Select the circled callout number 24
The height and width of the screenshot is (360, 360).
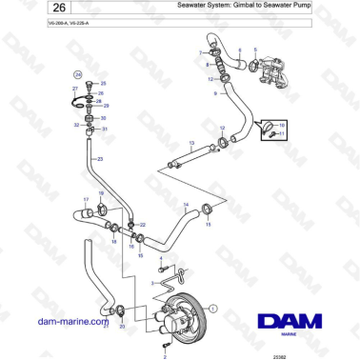coord(79,72)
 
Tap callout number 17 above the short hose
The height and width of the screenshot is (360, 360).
coord(85,199)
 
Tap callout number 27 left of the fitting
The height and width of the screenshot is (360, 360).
coord(74,88)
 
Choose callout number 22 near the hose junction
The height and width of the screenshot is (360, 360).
coord(142,224)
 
